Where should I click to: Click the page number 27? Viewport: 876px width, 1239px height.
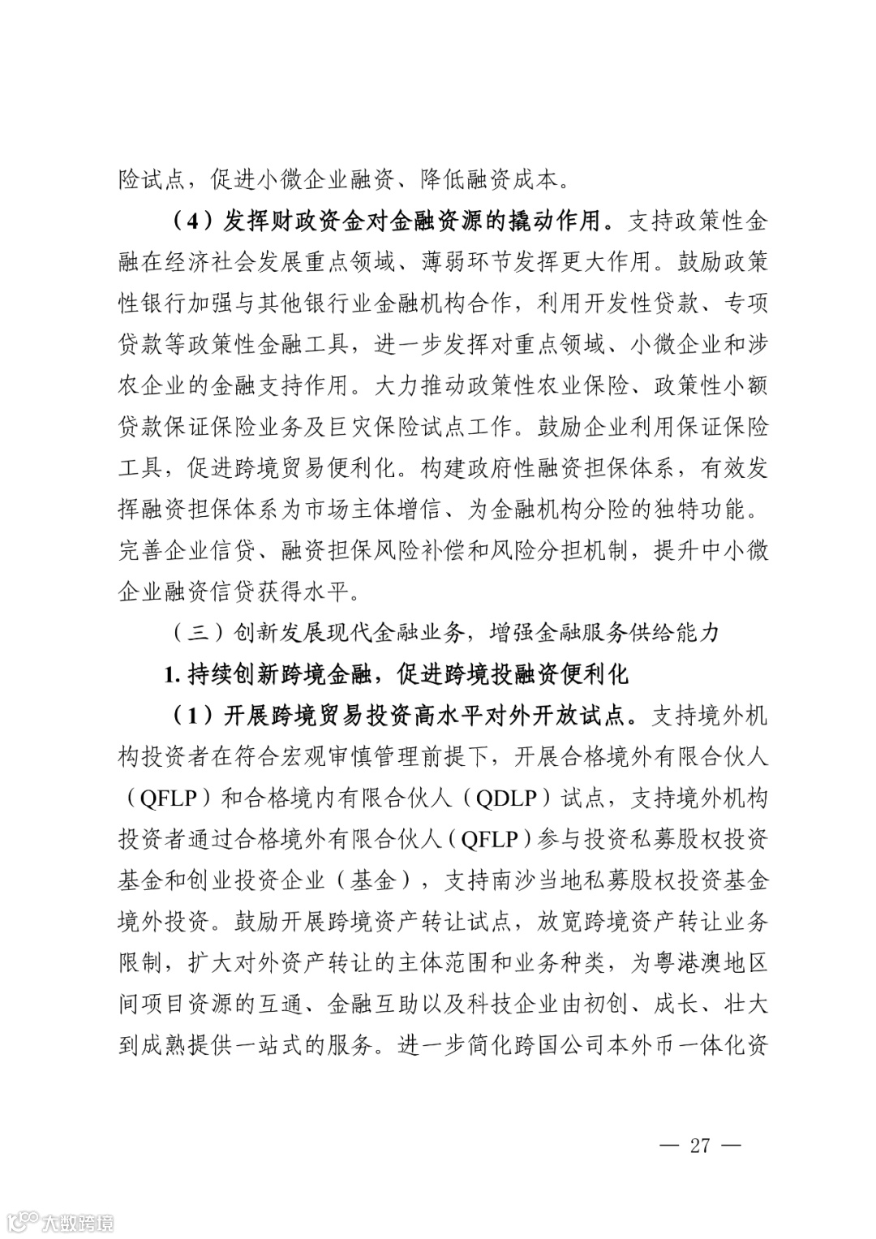point(699,1145)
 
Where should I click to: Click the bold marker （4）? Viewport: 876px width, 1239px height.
point(189,220)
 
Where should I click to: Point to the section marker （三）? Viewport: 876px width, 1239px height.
point(189,632)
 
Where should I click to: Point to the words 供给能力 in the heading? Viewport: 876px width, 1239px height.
point(673,632)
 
